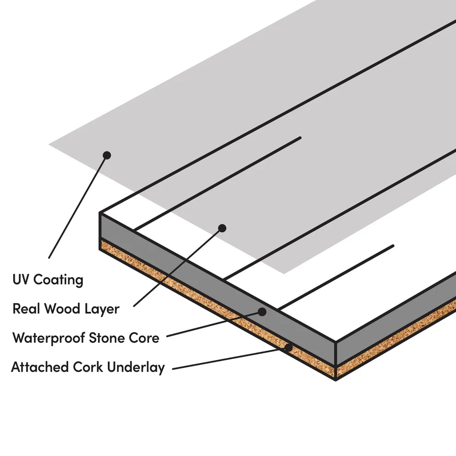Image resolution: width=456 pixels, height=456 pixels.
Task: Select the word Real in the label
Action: coord(23,309)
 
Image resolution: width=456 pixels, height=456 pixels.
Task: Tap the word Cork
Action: coord(88,367)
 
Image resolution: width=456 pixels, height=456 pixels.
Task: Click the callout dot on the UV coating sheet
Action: coord(107,155)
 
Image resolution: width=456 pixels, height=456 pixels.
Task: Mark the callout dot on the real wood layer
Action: coord(222,228)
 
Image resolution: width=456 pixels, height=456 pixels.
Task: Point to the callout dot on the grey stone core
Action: coord(262,312)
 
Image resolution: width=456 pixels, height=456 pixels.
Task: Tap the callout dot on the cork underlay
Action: coord(288,347)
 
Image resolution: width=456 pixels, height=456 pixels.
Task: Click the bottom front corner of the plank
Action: coord(336,380)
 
